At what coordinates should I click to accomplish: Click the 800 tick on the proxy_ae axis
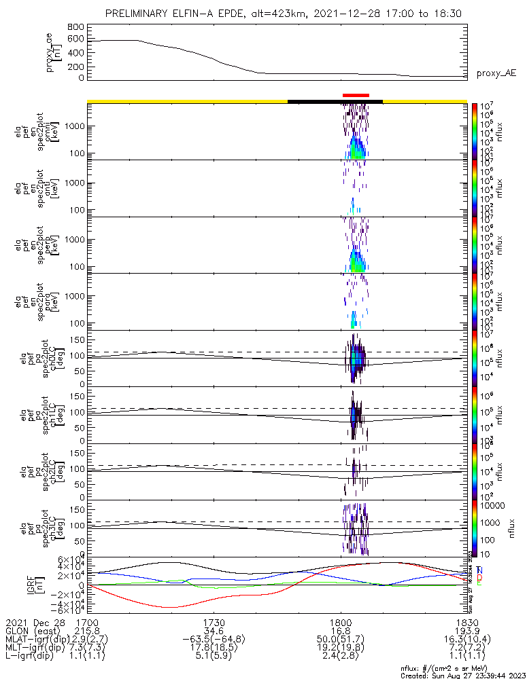coord(76,26)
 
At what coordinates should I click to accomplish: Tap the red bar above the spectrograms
coord(356,96)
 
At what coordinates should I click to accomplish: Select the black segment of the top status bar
coord(335,101)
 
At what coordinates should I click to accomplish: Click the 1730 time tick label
coord(214,623)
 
